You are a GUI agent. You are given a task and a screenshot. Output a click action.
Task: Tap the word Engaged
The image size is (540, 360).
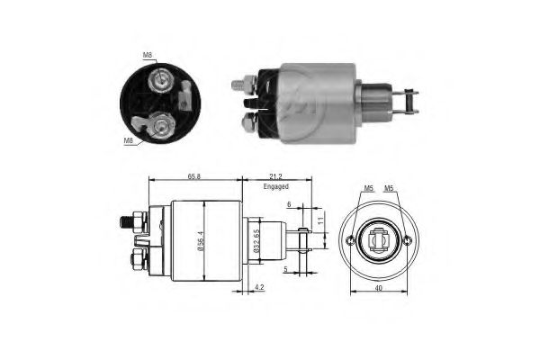coord(275,186)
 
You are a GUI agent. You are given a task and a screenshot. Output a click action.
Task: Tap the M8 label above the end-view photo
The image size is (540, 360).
coord(147,56)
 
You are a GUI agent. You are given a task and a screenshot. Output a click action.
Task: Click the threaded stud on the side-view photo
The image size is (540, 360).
coord(238,85)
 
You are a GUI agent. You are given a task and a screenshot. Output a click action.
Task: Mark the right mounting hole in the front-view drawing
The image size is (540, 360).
coord(408,240)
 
